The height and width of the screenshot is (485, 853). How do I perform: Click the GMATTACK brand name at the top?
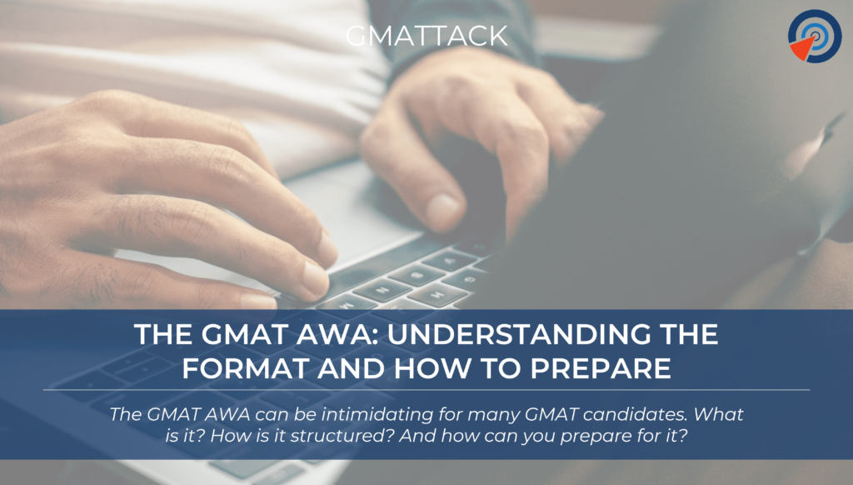[426, 37]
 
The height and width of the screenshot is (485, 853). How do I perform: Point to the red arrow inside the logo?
[802, 48]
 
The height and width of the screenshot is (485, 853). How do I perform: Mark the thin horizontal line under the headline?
[426, 389]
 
